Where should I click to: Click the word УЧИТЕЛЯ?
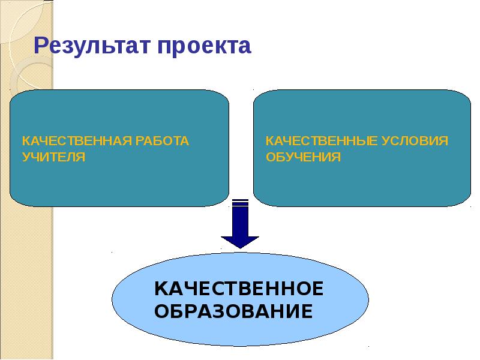(53, 157)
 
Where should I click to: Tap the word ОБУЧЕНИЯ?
(303, 157)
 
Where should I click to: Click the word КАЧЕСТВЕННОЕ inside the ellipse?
(239, 289)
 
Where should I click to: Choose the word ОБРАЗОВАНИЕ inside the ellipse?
(233, 312)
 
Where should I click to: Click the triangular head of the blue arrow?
(240, 240)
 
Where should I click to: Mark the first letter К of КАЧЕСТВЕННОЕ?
(161, 289)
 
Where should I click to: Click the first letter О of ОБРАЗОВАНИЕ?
(162, 312)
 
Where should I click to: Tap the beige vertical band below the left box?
(27, 282)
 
